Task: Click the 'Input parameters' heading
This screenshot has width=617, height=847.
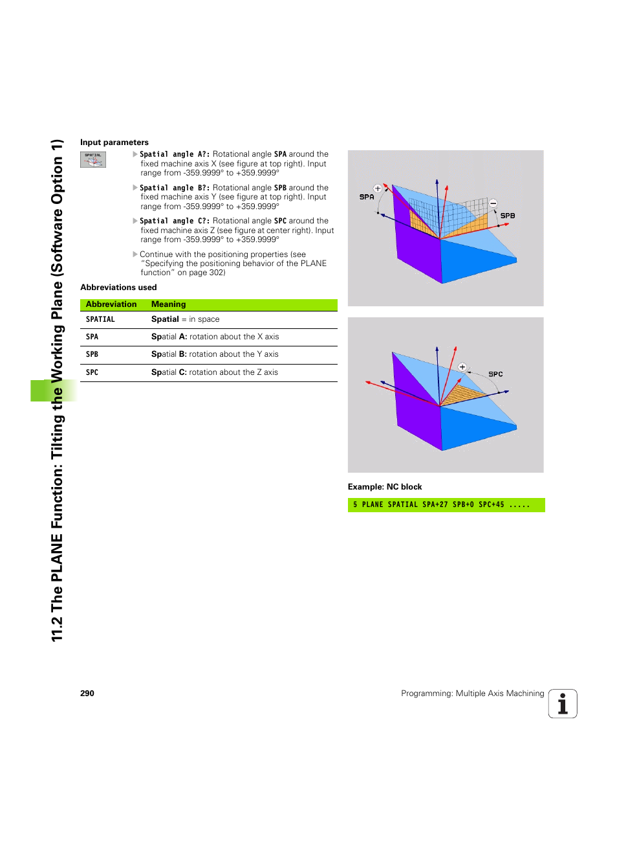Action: pos(114,142)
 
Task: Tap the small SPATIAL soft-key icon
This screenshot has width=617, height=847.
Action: pos(93,159)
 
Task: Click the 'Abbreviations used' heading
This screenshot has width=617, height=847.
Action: pos(118,288)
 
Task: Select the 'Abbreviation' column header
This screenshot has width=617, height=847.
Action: pos(111,304)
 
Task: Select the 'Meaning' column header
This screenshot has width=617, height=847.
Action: pos(168,304)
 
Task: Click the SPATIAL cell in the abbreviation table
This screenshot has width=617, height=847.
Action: pos(100,319)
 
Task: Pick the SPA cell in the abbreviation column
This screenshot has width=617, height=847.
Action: pos(92,337)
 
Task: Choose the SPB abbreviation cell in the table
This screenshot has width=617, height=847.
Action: pos(92,354)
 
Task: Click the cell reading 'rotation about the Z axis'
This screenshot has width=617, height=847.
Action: pos(214,372)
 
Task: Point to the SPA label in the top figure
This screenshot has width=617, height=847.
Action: pos(367,197)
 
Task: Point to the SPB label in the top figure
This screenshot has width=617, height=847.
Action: pos(508,216)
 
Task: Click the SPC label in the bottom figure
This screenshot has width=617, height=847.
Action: pos(495,374)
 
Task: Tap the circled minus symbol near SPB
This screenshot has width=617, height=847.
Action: pos(493,203)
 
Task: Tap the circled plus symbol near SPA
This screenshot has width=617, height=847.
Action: pos(378,189)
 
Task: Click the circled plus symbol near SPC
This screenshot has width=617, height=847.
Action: pos(462,367)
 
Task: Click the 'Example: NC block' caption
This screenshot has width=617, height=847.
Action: pos(385,487)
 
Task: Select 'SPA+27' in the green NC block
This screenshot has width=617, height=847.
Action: pos(435,504)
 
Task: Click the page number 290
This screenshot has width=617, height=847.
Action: pos(87,694)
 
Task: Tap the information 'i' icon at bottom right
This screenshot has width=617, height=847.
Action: pos(563,704)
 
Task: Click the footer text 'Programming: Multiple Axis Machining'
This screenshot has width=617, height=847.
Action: pos(472,694)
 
